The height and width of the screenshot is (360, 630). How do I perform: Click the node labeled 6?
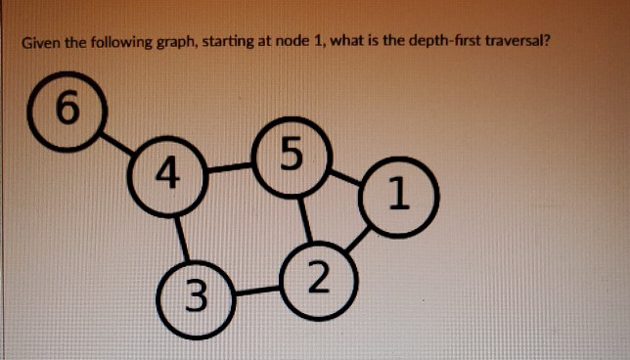coord(66,108)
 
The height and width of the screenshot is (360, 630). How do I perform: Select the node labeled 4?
coord(167,176)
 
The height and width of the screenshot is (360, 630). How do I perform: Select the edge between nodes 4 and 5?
coord(230,166)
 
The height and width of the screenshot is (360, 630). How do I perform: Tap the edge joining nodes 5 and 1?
coord(345,175)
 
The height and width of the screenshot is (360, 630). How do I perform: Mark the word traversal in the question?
coord(520,44)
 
